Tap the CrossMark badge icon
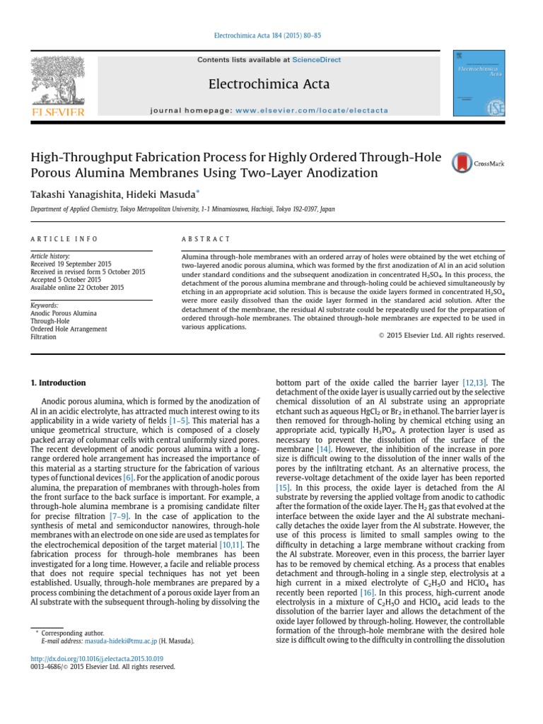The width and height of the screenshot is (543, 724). pos(479,163)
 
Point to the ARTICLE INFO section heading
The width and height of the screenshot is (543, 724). pos(64,240)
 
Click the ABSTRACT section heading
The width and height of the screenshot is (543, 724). pos(206,240)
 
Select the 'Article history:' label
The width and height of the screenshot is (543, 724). pos(51,257)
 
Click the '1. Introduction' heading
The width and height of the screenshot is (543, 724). pos(58,383)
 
